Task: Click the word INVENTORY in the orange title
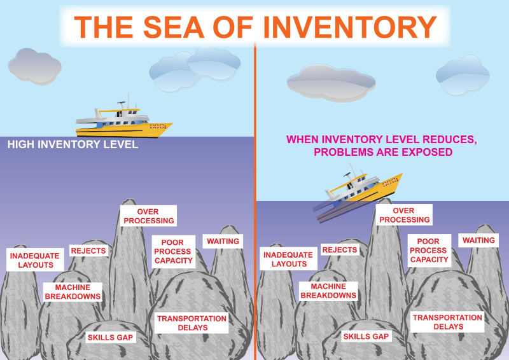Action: (x=350, y=27)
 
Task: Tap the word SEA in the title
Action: (x=174, y=27)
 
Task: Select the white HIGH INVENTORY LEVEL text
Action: (x=73, y=144)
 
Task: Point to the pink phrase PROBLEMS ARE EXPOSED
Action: (x=383, y=152)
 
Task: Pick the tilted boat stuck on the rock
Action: (x=357, y=194)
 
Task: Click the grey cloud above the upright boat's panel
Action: (x=35, y=66)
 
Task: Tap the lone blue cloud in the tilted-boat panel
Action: (x=463, y=75)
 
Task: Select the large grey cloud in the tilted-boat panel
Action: (x=331, y=82)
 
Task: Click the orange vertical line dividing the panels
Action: (x=255, y=201)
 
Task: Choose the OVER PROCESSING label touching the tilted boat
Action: (x=404, y=215)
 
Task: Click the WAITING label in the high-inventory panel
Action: (x=223, y=241)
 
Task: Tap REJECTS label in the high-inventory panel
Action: (x=88, y=251)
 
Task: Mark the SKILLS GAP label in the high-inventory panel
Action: (x=110, y=337)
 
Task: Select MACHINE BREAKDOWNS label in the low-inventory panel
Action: (x=328, y=291)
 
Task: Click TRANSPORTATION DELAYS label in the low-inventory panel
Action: (x=447, y=322)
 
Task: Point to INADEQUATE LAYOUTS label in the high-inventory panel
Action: (x=35, y=260)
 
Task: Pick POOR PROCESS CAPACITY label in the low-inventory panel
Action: (x=429, y=250)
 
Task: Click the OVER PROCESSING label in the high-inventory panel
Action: (x=148, y=216)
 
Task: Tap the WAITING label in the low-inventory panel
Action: (x=478, y=240)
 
